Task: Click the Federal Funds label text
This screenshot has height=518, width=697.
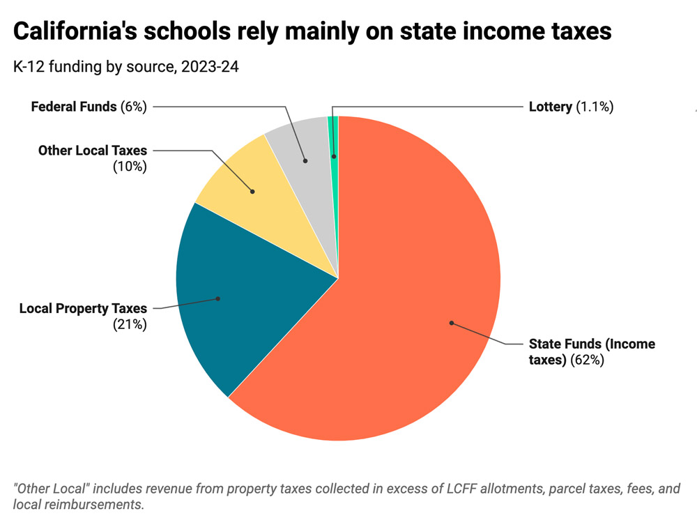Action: coord(75,107)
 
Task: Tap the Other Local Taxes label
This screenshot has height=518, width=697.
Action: coord(93,150)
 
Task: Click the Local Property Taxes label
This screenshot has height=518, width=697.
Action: coord(83,308)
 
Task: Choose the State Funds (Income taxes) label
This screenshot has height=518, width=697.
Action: coord(591,344)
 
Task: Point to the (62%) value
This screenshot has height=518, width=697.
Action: coord(587,360)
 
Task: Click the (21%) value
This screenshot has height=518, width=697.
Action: coord(130,324)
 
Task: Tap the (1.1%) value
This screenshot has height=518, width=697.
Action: coord(595,107)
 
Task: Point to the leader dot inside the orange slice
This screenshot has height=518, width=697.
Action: coord(451,323)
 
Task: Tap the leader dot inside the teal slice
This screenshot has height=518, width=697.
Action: coord(218,298)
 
